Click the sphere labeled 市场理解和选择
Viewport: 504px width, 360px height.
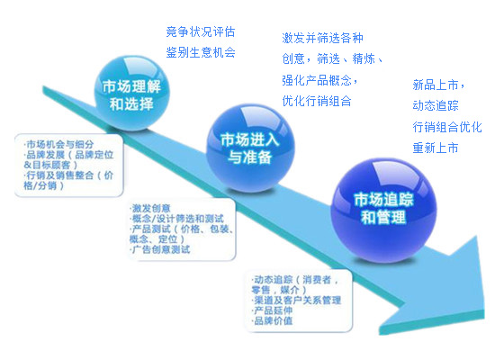(x=131, y=94)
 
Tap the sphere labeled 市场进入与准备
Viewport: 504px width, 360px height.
(x=250, y=148)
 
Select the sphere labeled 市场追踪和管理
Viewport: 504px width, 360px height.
(x=383, y=211)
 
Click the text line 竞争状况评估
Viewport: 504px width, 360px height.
(x=201, y=32)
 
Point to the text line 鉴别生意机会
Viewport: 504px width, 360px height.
(x=201, y=52)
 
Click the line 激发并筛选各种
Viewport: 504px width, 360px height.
(x=322, y=38)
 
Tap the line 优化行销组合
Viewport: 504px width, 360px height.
(x=317, y=101)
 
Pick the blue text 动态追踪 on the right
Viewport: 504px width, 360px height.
(x=436, y=106)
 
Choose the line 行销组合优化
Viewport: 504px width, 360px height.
(x=447, y=127)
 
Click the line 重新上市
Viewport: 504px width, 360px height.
(x=436, y=148)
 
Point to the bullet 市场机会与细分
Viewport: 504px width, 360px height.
(x=58, y=144)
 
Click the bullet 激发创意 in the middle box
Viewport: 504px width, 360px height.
(x=150, y=208)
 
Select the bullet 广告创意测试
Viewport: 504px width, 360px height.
(x=160, y=249)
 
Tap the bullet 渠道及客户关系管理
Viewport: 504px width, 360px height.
(x=296, y=301)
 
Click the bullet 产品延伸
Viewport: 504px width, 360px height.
(x=272, y=310)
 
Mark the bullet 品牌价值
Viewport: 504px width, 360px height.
(x=272, y=320)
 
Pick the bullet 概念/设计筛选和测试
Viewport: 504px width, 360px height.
(x=177, y=219)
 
